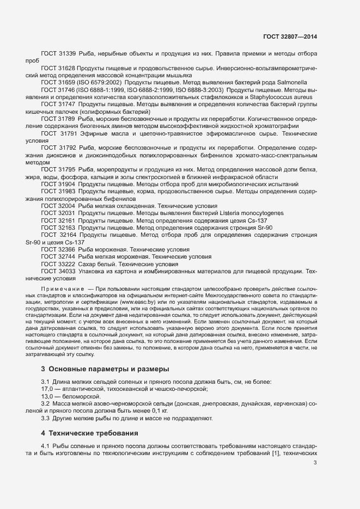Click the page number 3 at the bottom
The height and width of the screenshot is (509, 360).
coord(315,463)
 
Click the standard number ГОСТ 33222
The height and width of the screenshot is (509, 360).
coord(58,263)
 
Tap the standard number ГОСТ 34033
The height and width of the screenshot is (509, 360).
coord(58,270)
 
